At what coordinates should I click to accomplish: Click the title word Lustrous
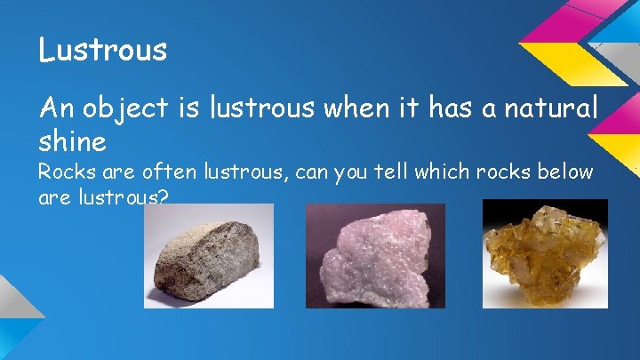click(102, 50)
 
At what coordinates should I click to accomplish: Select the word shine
click(72, 140)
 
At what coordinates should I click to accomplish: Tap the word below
click(566, 172)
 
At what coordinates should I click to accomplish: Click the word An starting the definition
click(53, 109)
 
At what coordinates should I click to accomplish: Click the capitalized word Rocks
click(62, 172)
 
